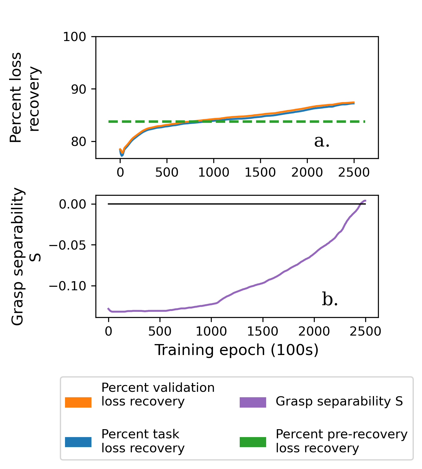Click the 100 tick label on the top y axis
click(74, 37)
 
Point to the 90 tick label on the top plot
click(79, 89)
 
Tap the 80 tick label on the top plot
click(79, 142)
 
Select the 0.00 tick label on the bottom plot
click(73, 204)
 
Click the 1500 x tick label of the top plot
click(260, 173)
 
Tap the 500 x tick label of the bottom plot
click(160, 331)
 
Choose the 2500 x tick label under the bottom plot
click(365, 331)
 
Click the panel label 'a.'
click(322, 141)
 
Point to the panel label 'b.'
click(330, 300)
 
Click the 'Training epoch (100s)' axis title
click(236, 350)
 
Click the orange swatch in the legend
click(78, 402)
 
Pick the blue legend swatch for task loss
click(78, 442)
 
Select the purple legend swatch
click(253, 402)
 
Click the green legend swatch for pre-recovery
click(253, 442)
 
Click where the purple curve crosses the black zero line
click(361, 204)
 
